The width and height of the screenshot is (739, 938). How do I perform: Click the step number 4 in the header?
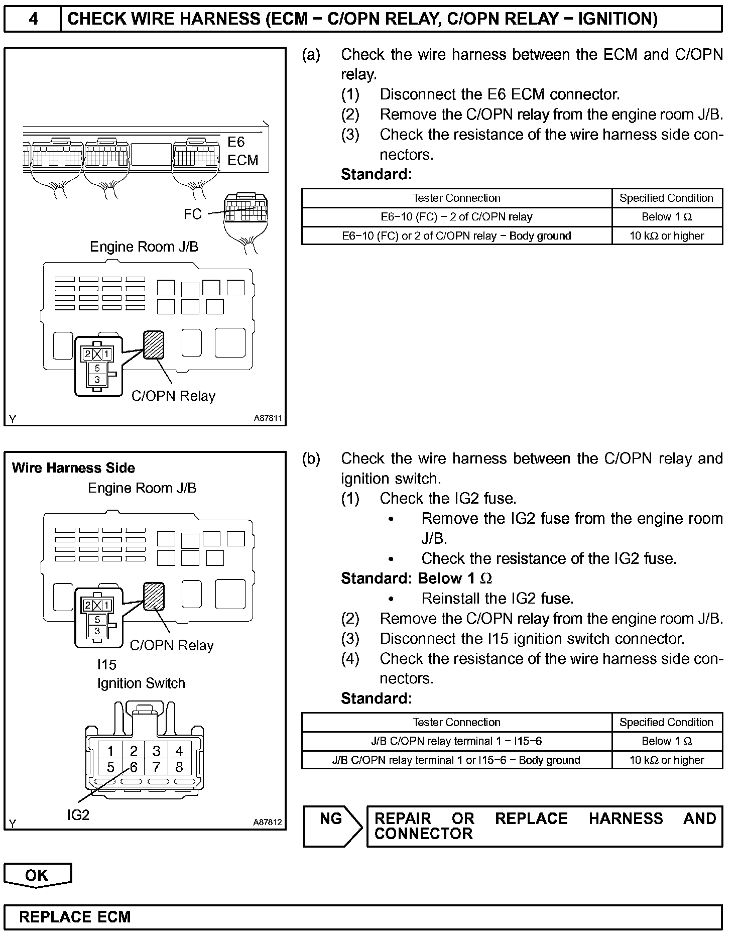pyautogui.click(x=33, y=19)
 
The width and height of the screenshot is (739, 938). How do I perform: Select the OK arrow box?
pyautogui.click(x=37, y=875)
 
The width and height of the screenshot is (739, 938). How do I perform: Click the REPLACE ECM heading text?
pyautogui.click(x=75, y=917)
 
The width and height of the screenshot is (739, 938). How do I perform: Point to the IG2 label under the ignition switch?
pyautogui.click(x=78, y=815)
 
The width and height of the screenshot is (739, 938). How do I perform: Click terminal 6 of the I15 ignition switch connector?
pyautogui.click(x=134, y=768)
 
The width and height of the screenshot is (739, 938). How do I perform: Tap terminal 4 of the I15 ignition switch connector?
pyautogui.click(x=179, y=751)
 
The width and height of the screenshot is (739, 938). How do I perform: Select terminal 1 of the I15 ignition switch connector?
pyautogui.click(x=110, y=751)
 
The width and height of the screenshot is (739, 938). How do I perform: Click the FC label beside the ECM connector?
pyautogui.click(x=192, y=214)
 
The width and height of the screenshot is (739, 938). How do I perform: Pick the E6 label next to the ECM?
pyautogui.click(x=236, y=142)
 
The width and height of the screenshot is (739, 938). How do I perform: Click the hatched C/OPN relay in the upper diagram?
pyautogui.click(x=154, y=344)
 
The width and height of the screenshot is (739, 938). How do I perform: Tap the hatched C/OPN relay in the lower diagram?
pyautogui.click(x=154, y=596)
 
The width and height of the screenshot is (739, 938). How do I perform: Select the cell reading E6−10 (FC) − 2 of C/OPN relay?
pyautogui.click(x=456, y=217)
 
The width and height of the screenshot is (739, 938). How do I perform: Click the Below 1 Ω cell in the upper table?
pyautogui.click(x=667, y=217)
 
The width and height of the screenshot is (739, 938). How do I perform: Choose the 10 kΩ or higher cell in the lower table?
pyautogui.click(x=667, y=760)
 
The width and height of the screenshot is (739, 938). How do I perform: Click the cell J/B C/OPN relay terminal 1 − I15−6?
pyautogui.click(x=456, y=741)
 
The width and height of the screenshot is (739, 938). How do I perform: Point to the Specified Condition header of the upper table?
pyautogui.click(x=666, y=198)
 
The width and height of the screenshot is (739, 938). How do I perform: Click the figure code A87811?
pyautogui.click(x=267, y=418)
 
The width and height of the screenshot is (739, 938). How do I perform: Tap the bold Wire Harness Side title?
pyautogui.click(x=73, y=468)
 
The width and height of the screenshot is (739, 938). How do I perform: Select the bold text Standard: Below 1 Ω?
pyautogui.click(x=416, y=578)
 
